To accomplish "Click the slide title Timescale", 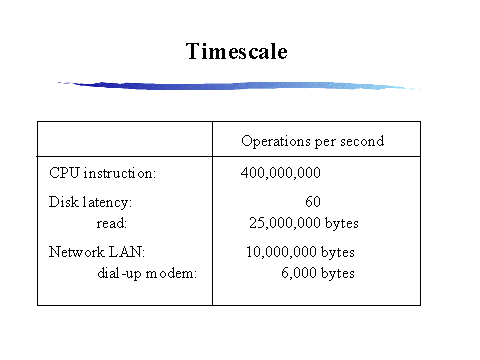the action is [237, 51].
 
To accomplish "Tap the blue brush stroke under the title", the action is [238, 86].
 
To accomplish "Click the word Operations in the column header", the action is [276, 142].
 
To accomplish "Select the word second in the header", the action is [362, 141].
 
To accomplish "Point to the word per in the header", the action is [325, 143].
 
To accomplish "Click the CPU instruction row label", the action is [102, 173].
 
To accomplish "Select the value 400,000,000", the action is [281, 173].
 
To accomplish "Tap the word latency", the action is [107, 203].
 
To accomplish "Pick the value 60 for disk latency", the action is [313, 202].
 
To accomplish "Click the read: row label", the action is [112, 223].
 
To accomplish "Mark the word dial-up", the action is [120, 274].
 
